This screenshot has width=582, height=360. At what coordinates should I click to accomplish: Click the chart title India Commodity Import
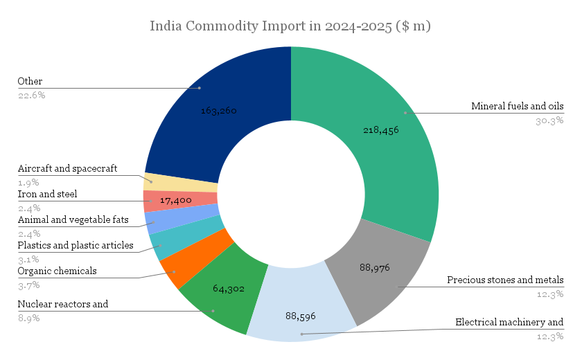290,26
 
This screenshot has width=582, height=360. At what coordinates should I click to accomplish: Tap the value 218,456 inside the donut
380,129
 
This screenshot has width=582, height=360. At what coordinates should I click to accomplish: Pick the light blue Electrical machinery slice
298,305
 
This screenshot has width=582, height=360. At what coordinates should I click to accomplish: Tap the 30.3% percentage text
550,120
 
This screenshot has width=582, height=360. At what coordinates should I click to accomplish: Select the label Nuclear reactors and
62,304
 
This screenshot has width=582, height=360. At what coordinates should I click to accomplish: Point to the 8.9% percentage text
28,318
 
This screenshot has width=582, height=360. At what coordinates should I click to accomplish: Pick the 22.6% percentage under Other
31,95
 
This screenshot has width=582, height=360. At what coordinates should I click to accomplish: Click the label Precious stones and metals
505,280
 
